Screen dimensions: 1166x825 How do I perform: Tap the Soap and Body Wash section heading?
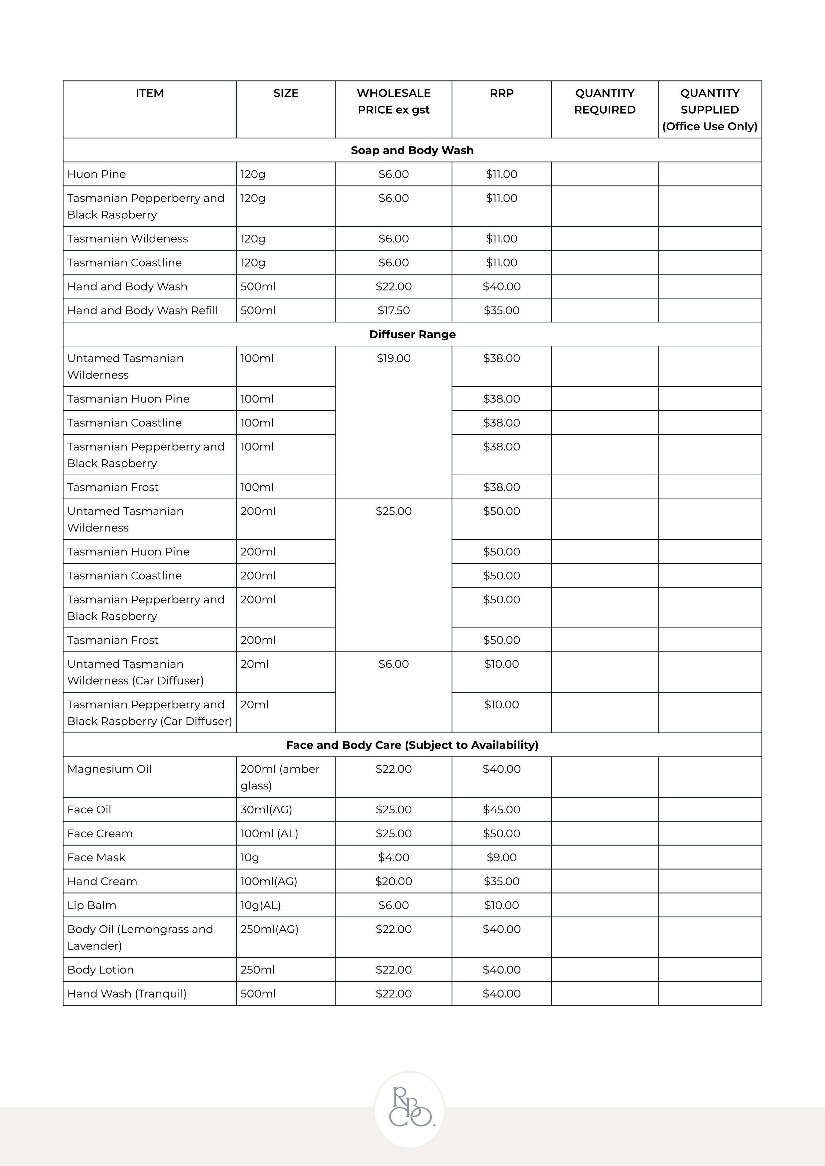coord(412,150)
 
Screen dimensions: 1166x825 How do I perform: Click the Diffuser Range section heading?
coord(412,334)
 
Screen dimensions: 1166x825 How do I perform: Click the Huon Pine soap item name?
coord(96,174)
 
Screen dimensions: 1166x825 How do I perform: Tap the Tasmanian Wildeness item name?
coord(127,239)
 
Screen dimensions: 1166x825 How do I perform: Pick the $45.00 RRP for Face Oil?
coord(501,809)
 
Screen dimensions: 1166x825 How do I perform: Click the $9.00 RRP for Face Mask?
coord(501,857)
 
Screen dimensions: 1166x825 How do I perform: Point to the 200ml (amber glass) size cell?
coord(279,777)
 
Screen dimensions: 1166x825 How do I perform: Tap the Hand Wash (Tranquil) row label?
coord(127,993)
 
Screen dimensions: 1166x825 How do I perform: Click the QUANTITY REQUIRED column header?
coord(605,102)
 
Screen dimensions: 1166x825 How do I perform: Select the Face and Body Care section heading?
coord(412,745)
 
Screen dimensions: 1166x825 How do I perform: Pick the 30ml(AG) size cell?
coord(266,809)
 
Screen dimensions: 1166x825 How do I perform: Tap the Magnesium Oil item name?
coord(109,769)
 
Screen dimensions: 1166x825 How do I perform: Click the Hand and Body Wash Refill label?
coord(143,310)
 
